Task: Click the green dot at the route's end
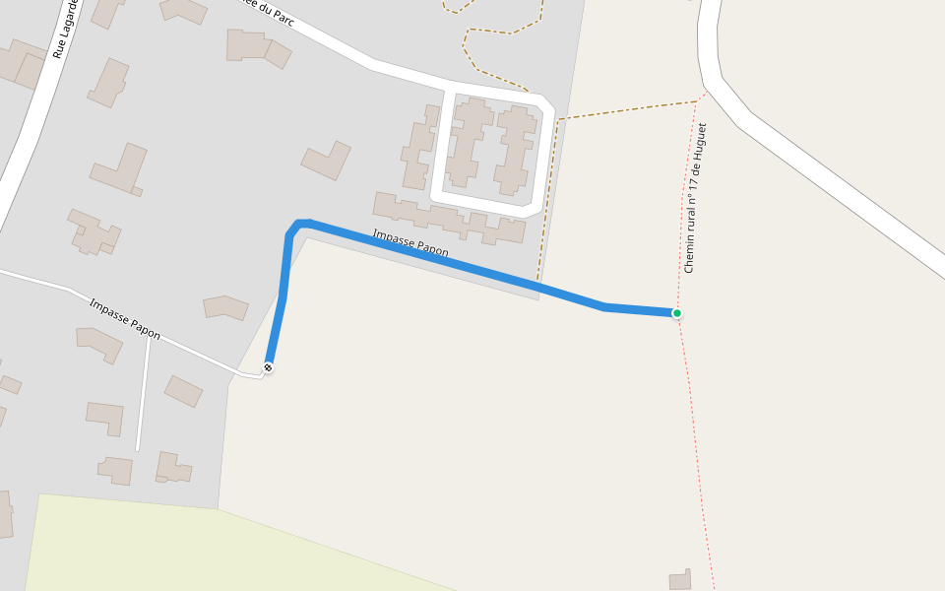[677, 313]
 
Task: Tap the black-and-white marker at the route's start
[268, 367]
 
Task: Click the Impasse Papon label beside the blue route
[409, 243]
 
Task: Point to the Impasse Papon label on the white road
[124, 318]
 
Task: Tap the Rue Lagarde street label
[64, 30]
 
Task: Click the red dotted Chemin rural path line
[699, 473]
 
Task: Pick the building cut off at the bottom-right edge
[680, 580]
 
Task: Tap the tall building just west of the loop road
[420, 147]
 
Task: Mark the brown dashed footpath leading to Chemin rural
[630, 108]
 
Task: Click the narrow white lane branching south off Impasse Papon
[144, 394]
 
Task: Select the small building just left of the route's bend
[225, 307]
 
